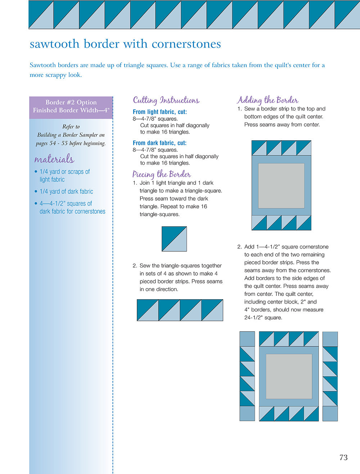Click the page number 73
pyautogui.click(x=343, y=457)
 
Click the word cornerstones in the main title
pyautogui.click(x=186, y=44)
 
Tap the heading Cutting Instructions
pyautogui.click(x=166, y=100)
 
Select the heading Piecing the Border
pyautogui.click(x=162, y=174)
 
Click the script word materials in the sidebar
pyautogui.click(x=54, y=159)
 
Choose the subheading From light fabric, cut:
pyautogui.click(x=159, y=112)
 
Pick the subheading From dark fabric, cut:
pyautogui.click(x=159, y=143)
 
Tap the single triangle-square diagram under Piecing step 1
pyautogui.click(x=174, y=239)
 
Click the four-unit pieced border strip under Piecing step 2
pyautogui.click(x=180, y=310)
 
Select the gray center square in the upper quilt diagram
pyautogui.click(x=281, y=186)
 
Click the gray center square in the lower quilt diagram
pyautogui.click(x=289, y=376)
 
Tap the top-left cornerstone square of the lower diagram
pyautogui.click(x=247, y=339)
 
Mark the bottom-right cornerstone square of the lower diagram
pyautogui.click(x=330, y=414)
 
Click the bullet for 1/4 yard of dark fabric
pyautogui.click(x=36, y=191)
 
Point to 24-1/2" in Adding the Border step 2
pyautogui.click(x=254, y=318)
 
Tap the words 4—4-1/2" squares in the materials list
pyautogui.click(x=66, y=204)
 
